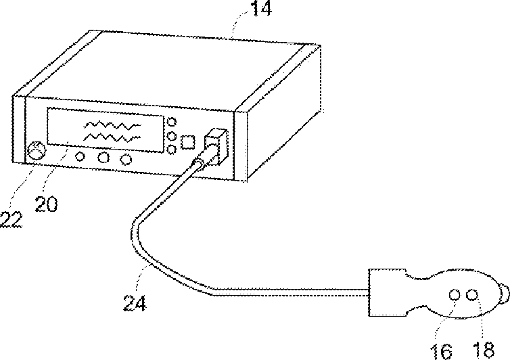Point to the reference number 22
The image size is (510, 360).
pos(11,219)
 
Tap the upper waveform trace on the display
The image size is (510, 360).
pos(111,126)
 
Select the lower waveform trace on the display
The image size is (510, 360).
pos(111,137)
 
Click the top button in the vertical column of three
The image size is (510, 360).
pos(172,122)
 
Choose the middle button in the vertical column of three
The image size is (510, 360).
pos(172,135)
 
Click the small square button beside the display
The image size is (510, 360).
pos(189,142)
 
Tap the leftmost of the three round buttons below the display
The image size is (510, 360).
pos(80,157)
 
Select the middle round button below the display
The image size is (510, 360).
pos(103,158)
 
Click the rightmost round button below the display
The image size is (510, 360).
pos(125,160)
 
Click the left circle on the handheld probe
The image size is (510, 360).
pos(455,295)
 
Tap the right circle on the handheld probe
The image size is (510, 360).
pos(473,295)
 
